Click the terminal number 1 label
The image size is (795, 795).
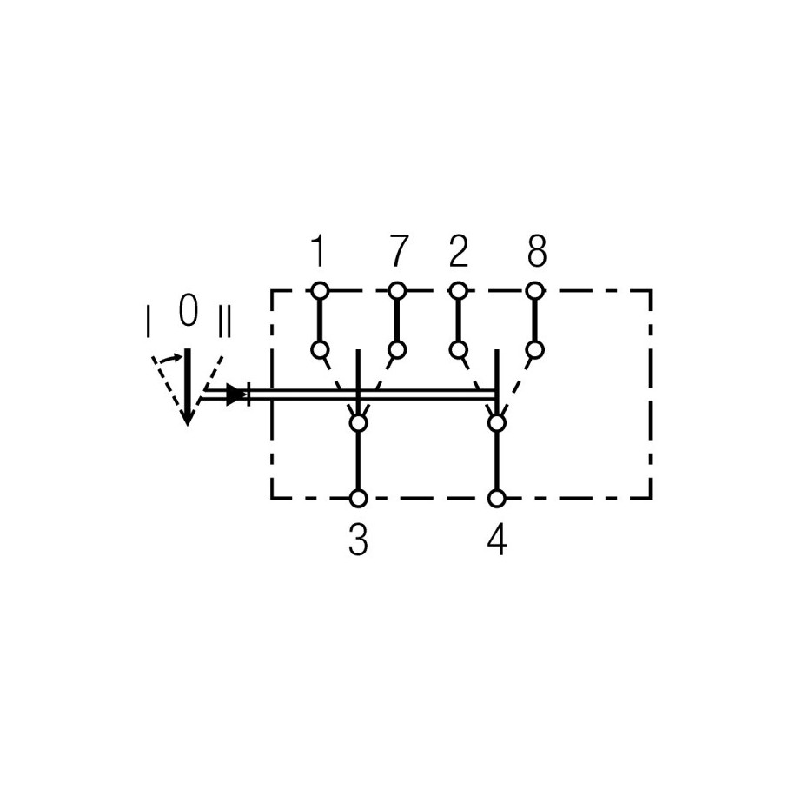coord(318,250)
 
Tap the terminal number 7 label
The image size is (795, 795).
coord(399,250)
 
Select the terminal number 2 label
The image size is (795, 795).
coord(459,250)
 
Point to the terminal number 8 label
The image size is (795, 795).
coord(537,250)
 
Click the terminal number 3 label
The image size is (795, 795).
coord(358,540)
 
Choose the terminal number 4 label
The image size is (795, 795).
coord(497,540)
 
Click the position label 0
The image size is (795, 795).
coord(188,310)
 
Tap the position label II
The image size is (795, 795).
coord(224,321)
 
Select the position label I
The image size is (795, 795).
coord(148,321)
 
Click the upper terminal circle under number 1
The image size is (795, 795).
coord(320,291)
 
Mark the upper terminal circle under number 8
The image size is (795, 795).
coord(535,291)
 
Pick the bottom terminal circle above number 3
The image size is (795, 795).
coord(359,499)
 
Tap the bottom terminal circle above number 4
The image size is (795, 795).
coord(497,499)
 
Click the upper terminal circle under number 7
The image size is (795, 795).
coord(398,291)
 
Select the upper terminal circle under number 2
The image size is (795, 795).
coord(459,291)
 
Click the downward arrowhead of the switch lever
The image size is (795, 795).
coord(188,417)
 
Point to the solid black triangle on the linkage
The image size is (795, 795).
coord(234,394)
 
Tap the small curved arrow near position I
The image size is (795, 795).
coord(169,359)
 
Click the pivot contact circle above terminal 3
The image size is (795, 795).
coord(359,422)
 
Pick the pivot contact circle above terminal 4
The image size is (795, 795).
coord(497,422)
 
